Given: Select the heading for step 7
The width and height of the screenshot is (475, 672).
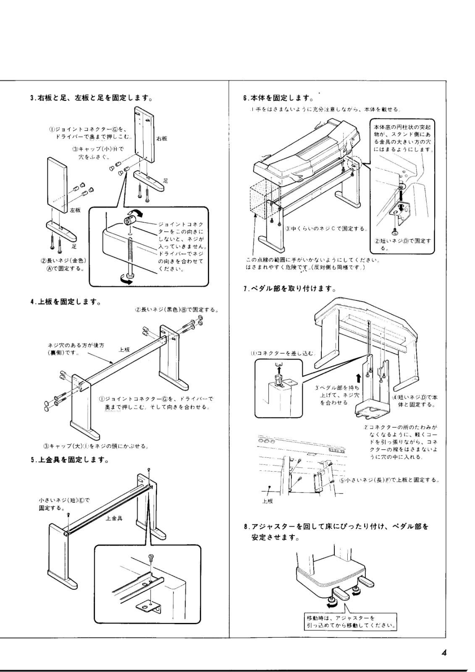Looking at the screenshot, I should coord(289,289).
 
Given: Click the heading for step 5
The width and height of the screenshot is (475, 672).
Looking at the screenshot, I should coord(70,460).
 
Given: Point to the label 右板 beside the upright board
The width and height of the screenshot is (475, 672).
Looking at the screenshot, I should coord(162,138).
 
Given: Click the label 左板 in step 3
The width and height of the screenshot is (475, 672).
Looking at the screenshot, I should coord(75,210).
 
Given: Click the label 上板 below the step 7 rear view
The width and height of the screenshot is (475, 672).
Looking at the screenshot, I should coord(268,501).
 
